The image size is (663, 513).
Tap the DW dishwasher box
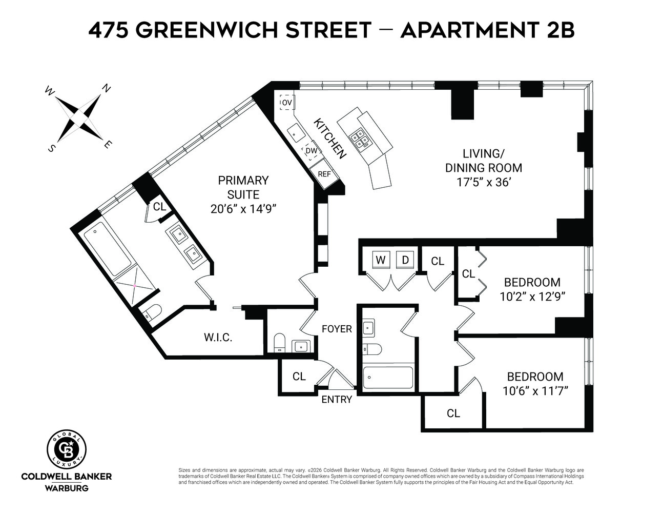[311, 151]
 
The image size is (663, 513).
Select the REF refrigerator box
[324, 174]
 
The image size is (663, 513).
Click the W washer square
[380, 260]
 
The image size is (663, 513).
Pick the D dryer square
[405, 260]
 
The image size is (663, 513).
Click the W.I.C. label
[218, 338]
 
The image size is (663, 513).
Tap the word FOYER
[337, 329]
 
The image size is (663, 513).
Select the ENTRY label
[337, 400]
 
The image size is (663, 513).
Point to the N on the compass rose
[107, 88]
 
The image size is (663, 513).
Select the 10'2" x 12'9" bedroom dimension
[532, 296]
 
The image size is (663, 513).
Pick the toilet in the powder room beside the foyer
[279, 343]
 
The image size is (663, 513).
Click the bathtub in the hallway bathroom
[387, 378]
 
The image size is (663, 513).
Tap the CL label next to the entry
[299, 377]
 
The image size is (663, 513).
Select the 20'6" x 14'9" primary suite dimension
[243, 209]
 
